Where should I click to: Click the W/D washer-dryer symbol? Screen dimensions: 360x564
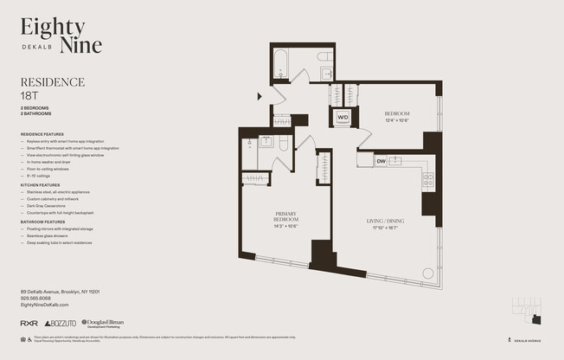(x=343, y=117)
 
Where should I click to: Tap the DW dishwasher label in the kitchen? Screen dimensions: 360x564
(x=381, y=161)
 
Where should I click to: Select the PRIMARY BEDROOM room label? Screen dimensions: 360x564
(x=286, y=216)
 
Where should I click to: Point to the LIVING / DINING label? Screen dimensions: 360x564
(x=381, y=222)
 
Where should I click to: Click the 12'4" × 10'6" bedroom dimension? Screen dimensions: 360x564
(x=397, y=120)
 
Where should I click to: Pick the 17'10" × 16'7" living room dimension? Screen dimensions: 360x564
(x=381, y=228)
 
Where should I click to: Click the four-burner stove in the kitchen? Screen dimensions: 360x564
(x=427, y=180)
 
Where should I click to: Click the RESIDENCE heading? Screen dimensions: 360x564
(x=52, y=82)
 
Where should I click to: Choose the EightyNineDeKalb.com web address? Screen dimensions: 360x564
(x=44, y=305)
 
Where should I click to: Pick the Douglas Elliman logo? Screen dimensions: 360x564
(x=105, y=324)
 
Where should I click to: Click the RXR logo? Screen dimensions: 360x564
(x=29, y=324)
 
